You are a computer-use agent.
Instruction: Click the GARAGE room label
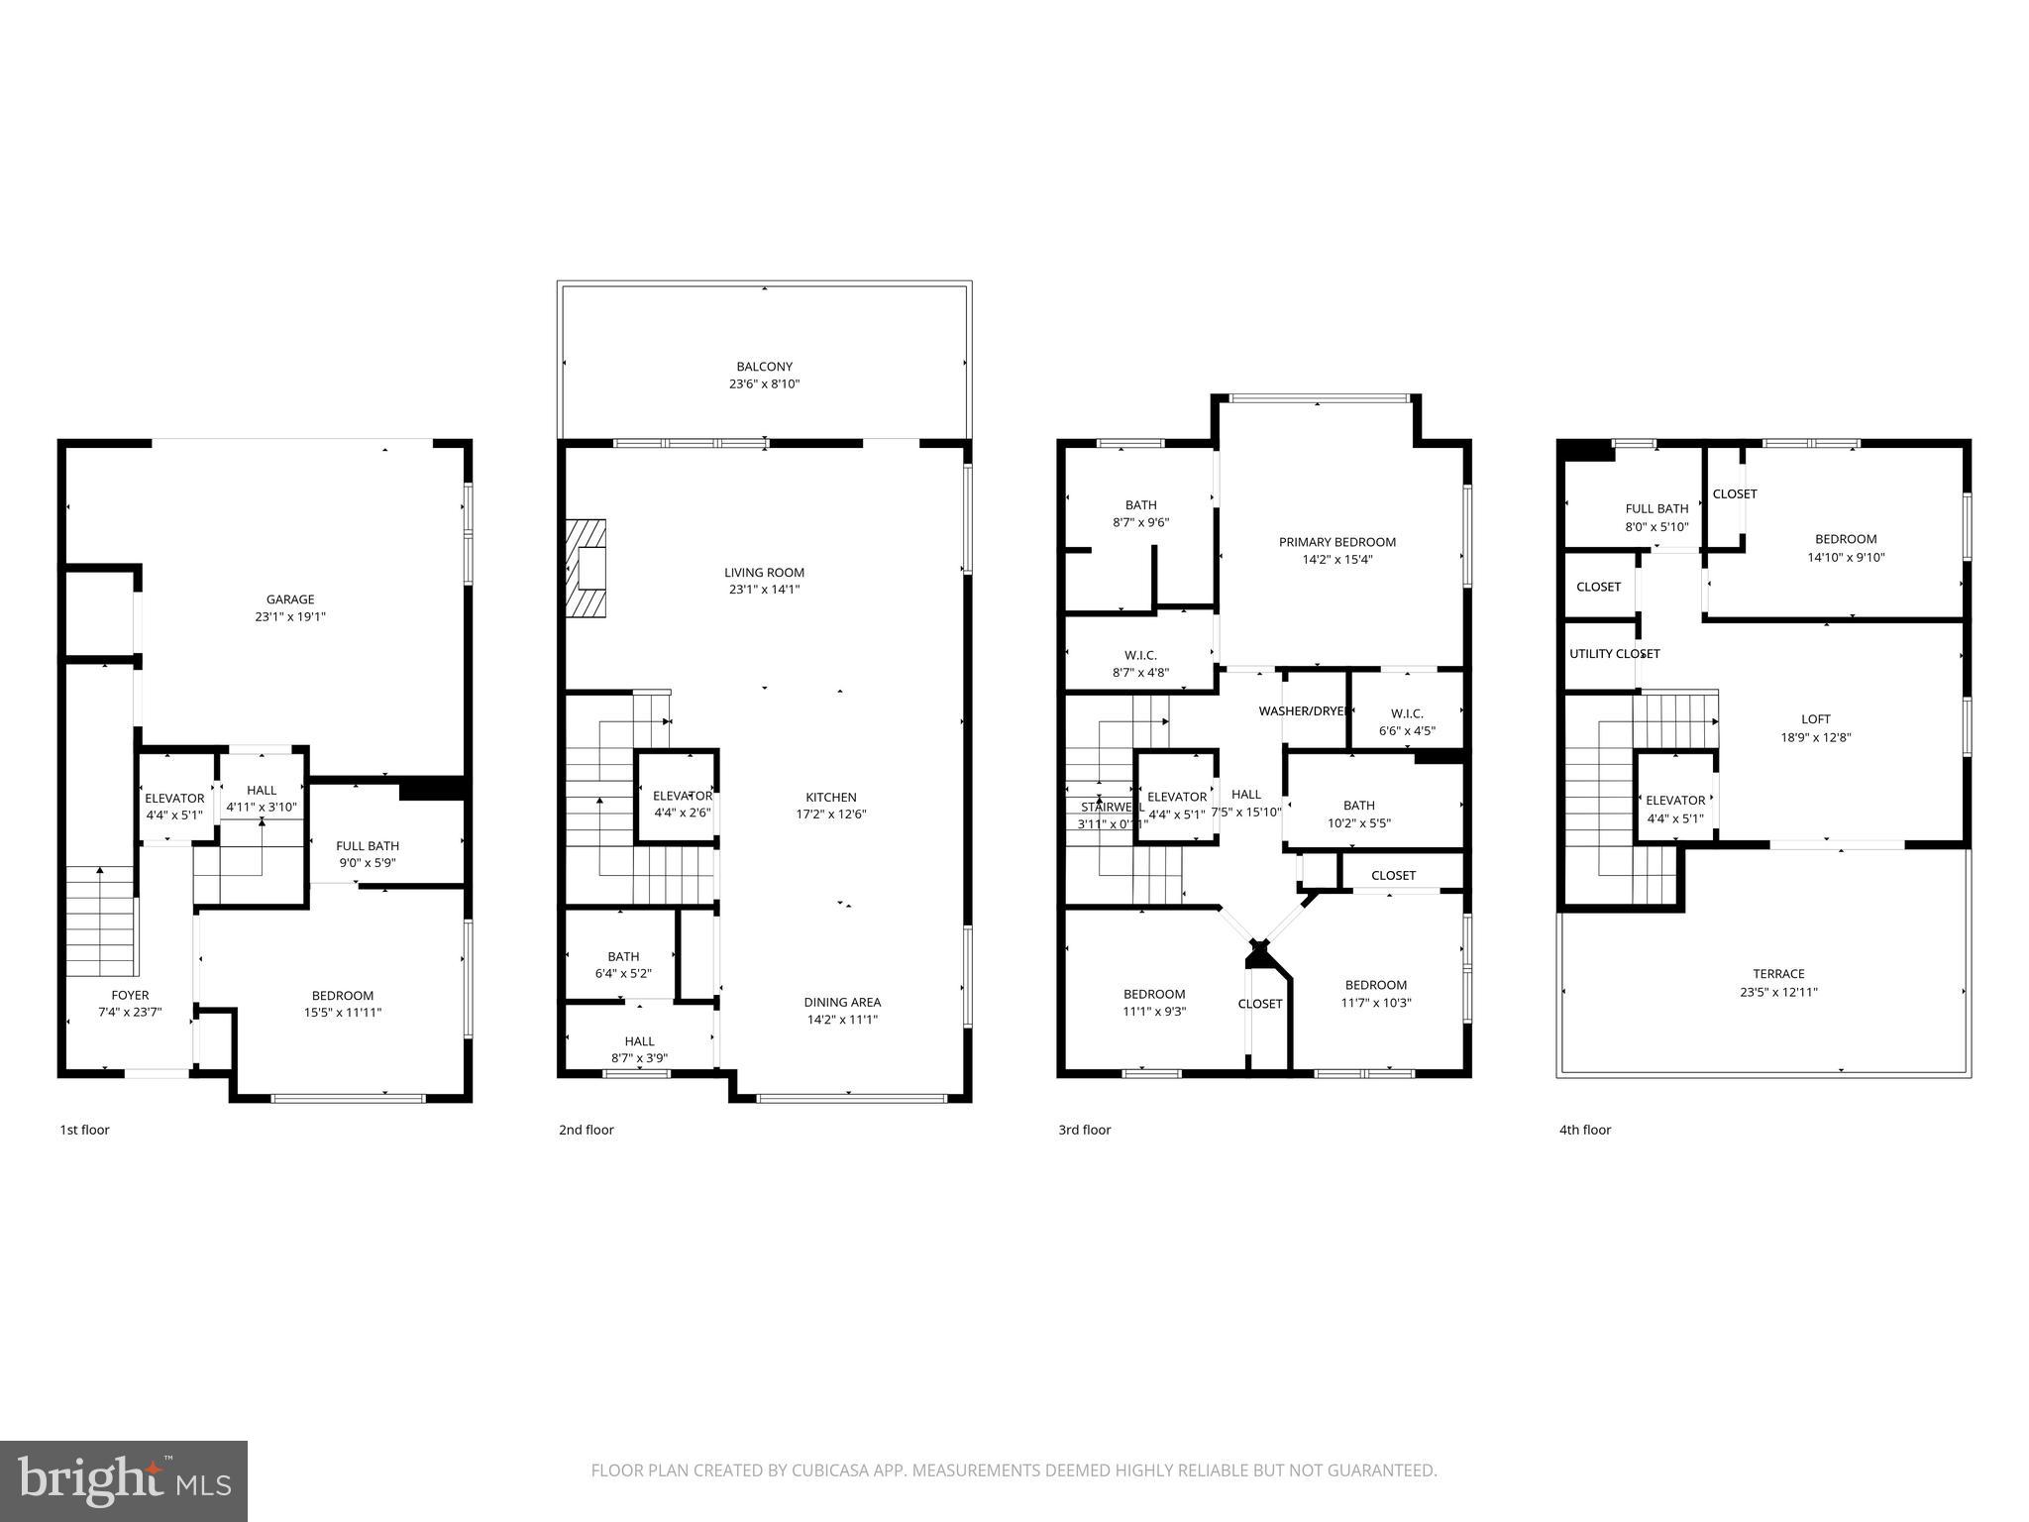pos(289,599)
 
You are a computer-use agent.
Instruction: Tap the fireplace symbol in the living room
pos(587,570)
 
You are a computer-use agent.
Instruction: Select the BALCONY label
pos(764,367)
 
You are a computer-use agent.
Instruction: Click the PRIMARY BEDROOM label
pos(1336,542)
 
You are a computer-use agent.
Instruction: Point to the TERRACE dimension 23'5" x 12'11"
pos(1778,992)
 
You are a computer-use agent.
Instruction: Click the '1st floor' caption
pos(84,1130)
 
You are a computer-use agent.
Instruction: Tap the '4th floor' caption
pos(1584,1130)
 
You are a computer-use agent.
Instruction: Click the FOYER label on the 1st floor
pos(130,995)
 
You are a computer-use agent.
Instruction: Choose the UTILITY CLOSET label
pos(1614,654)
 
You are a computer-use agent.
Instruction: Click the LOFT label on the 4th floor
pos(1815,719)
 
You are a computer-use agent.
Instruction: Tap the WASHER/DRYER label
pos(1302,711)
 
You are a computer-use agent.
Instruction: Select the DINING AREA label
pos(842,1002)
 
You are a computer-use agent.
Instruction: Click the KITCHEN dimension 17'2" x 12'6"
pos(830,815)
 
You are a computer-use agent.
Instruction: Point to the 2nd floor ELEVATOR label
pos(682,796)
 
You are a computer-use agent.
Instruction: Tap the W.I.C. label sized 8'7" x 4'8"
pos(1140,655)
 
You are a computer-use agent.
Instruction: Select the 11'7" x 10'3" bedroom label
pos(1375,985)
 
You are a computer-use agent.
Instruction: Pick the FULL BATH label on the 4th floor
pos(1656,509)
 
